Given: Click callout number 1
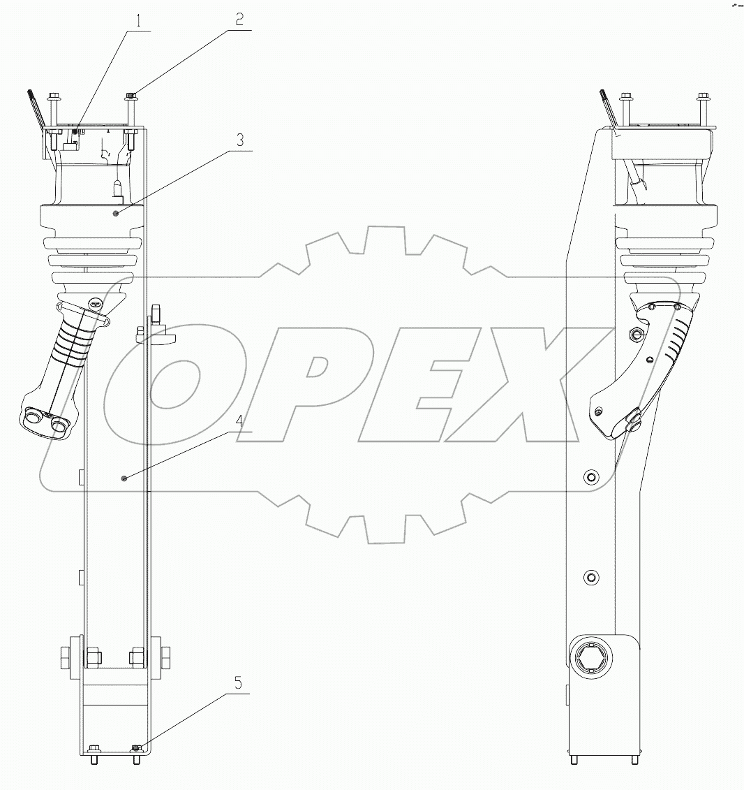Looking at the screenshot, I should (x=138, y=21).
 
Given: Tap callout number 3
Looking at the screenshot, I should (x=239, y=140).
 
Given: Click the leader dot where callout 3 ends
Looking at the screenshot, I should (x=116, y=212).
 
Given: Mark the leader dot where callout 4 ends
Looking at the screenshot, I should (x=124, y=478).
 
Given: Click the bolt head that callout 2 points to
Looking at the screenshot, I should (x=131, y=96).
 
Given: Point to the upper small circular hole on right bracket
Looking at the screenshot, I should (x=592, y=476).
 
